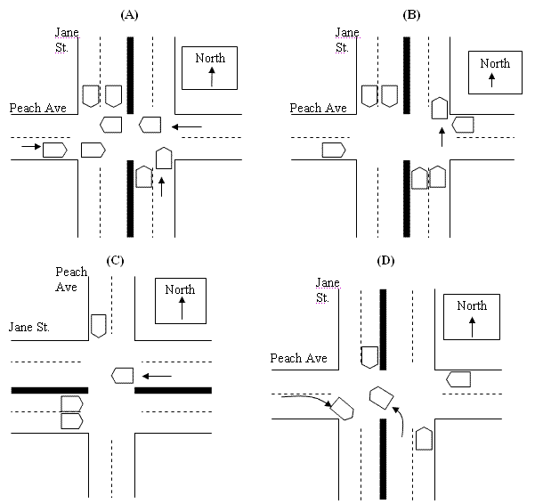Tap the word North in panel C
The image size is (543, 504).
(180, 289)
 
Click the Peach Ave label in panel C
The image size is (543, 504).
(71, 280)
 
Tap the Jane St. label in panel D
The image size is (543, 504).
(328, 290)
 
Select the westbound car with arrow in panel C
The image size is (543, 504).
(122, 375)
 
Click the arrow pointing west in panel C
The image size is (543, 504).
(158, 376)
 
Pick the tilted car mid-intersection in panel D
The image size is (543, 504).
(382, 396)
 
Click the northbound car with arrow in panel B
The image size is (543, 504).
(439, 109)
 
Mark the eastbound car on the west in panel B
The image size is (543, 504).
(335, 150)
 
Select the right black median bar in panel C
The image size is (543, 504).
(173, 390)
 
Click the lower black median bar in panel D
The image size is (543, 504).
(383, 459)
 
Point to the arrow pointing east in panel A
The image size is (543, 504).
(30, 146)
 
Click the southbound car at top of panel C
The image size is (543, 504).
(98, 326)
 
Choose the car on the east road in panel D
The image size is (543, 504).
(458, 379)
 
